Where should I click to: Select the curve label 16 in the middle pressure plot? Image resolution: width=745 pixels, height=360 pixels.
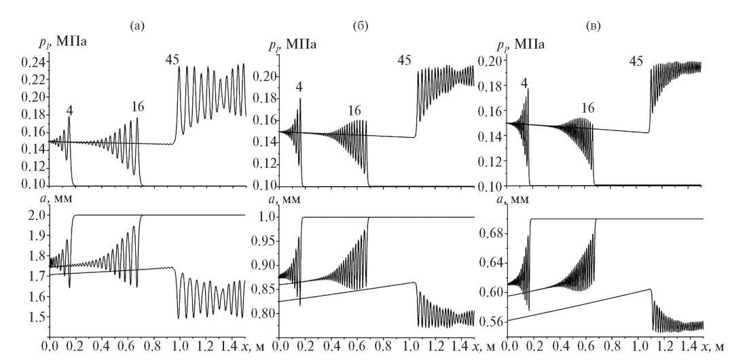pos(355,111)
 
